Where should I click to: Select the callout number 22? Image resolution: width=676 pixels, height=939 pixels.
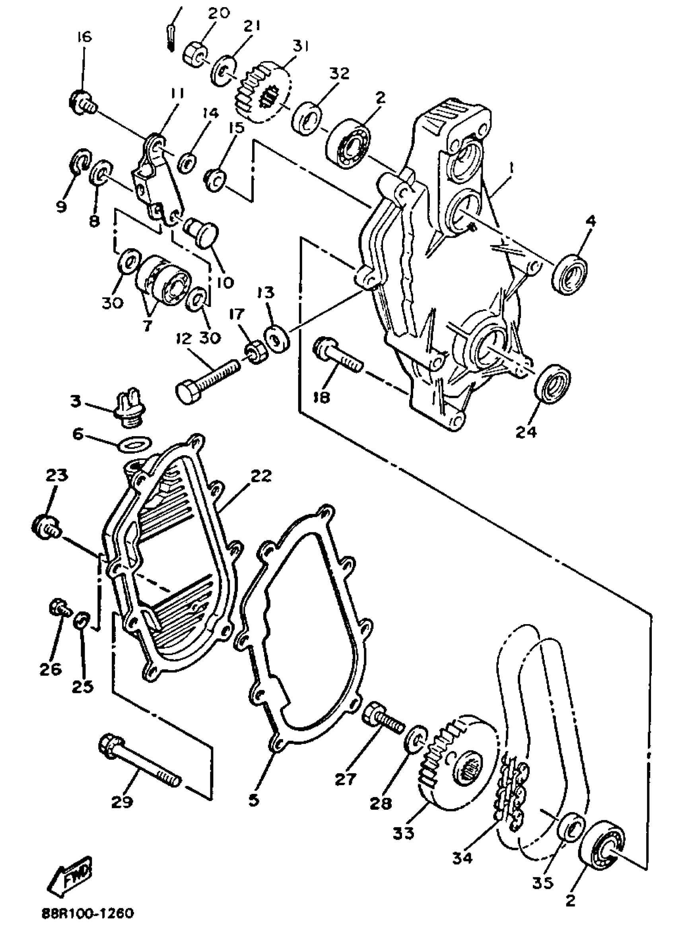click(260, 477)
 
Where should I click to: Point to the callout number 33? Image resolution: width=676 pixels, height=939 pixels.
click(404, 832)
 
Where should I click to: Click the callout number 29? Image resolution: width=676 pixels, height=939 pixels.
click(122, 801)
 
